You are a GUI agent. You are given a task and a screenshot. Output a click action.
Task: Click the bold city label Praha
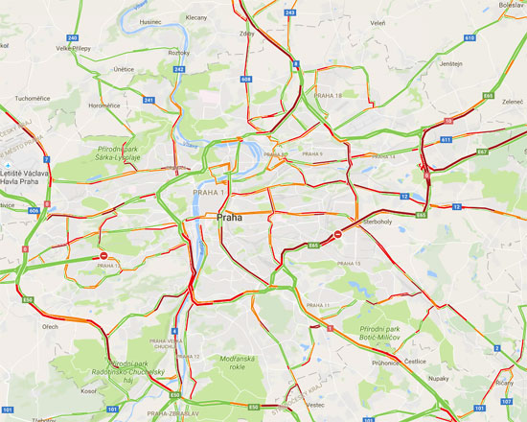(230, 217)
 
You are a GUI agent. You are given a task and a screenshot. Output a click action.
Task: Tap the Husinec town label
(150, 21)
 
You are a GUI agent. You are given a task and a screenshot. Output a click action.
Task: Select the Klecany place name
(197, 17)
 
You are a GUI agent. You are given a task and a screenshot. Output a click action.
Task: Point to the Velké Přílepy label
(74, 47)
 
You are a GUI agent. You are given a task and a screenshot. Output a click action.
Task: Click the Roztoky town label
(179, 53)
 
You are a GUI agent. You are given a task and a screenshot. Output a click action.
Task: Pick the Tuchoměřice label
(31, 98)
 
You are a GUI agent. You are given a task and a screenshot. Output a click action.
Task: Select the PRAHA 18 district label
(328, 95)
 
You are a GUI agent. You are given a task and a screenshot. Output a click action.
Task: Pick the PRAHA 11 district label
(311, 305)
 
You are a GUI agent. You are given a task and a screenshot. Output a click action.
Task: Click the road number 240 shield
(72, 37)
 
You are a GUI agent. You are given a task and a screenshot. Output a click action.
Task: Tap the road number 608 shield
(246, 79)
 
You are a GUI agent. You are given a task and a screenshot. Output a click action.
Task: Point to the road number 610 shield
(470, 38)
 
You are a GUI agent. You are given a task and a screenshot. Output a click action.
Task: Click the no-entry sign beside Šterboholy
(337, 233)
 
